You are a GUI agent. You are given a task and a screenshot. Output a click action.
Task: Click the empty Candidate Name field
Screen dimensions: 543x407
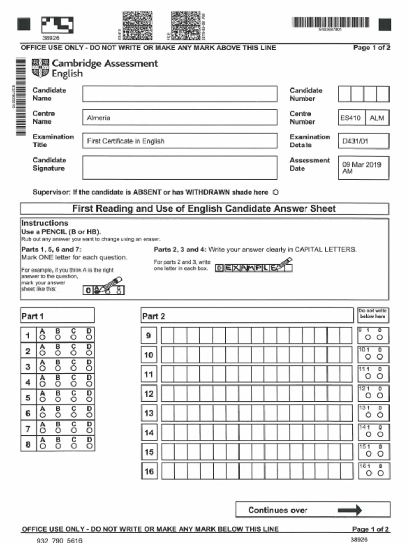179,94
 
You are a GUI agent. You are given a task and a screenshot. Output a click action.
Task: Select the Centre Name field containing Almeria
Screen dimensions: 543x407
179,117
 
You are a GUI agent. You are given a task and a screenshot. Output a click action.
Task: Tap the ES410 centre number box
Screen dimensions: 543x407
351,118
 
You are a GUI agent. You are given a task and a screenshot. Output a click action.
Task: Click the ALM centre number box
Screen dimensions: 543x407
377,118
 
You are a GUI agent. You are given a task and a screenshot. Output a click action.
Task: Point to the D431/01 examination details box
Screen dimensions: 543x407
363,141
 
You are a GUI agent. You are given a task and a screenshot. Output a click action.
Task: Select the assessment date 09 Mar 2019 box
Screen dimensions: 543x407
363,168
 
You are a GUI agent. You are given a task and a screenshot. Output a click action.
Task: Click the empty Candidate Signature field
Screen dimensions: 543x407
179,168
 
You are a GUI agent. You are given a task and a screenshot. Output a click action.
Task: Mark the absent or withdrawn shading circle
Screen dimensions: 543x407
275,192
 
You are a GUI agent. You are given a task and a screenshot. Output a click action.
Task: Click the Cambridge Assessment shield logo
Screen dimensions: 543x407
40,68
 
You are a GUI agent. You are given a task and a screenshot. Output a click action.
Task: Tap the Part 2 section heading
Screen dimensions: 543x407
154,316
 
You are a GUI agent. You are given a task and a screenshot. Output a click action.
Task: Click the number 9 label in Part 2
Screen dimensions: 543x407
149,336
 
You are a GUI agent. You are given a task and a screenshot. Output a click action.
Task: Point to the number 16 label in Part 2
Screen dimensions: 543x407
149,471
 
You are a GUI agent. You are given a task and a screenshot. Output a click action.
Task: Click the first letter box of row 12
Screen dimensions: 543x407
167,393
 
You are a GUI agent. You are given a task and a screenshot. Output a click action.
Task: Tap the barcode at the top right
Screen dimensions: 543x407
331,23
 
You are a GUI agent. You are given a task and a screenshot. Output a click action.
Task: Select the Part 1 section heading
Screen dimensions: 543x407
33,316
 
